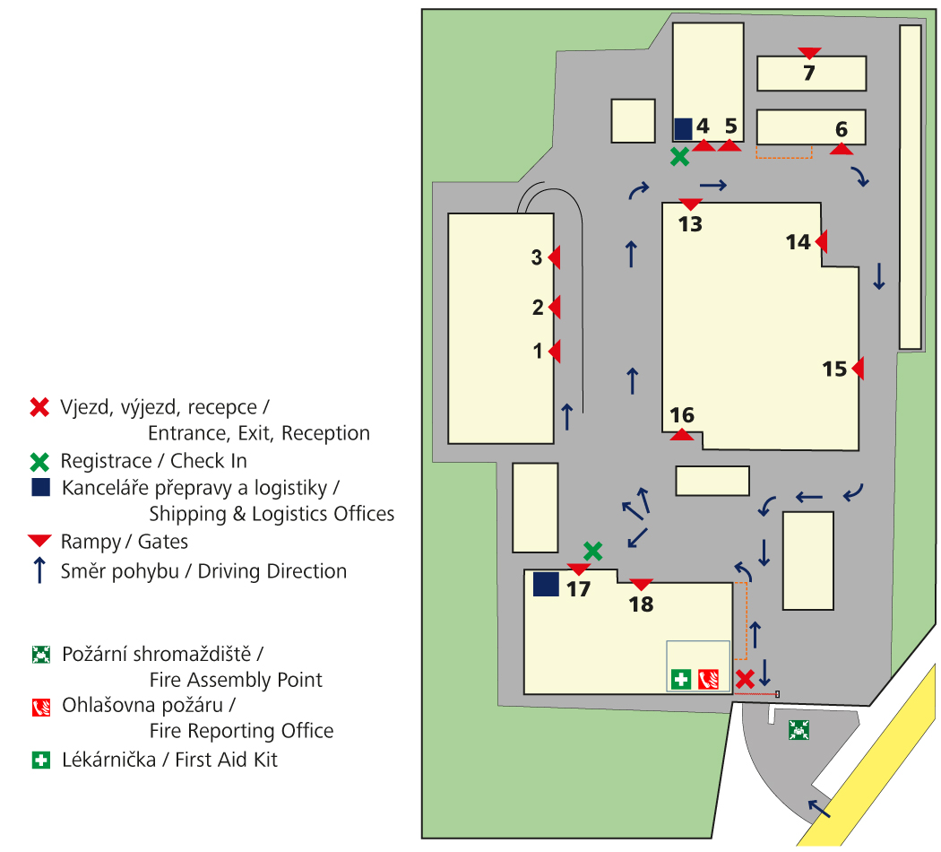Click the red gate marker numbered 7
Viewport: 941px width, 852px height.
809,53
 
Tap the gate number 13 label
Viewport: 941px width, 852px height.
690,224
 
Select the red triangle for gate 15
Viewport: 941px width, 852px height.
858,368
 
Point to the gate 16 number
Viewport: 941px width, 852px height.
682,415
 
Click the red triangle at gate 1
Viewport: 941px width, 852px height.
555,352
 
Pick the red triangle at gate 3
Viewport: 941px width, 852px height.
555,257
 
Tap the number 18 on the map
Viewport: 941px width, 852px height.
642,604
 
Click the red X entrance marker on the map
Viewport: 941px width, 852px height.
744,679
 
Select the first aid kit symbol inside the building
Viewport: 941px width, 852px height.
681,679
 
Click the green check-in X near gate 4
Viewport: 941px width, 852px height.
680,157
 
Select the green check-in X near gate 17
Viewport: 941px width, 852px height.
592,550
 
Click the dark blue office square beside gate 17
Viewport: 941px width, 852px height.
546,584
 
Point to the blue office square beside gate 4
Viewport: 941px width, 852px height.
683,129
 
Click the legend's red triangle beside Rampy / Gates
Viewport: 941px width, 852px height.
39,541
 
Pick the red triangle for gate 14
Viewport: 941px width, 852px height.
821,241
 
